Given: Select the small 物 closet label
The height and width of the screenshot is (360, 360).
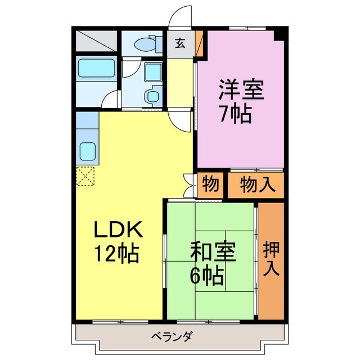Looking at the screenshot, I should (x=211, y=184).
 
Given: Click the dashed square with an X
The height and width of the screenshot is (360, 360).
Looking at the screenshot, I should (x=86, y=177).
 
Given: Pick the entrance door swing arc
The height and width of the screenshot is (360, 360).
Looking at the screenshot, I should (x=181, y=17).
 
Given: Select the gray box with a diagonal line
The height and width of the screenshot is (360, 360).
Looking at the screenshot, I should (x=95, y=40).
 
